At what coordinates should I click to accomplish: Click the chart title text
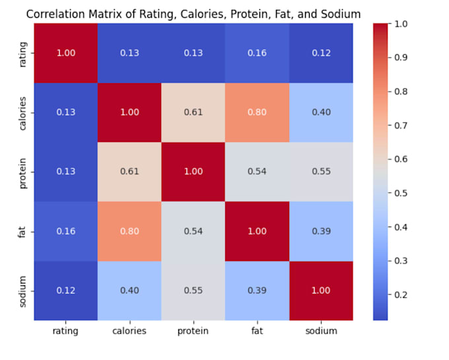(193, 14)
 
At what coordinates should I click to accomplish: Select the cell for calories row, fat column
(258, 112)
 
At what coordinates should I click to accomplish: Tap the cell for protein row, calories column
(129, 172)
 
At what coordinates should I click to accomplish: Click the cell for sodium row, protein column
(193, 291)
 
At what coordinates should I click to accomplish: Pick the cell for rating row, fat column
(258, 53)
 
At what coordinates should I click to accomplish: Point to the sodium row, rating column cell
(65, 291)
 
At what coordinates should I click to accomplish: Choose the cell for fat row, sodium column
(322, 231)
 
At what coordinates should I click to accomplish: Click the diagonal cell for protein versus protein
(193, 172)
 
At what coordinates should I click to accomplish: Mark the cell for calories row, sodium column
(322, 112)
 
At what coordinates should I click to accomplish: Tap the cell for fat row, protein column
(193, 231)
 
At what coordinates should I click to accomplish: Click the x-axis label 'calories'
(129, 331)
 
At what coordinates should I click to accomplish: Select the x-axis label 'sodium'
(322, 331)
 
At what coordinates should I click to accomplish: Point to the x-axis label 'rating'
(65, 331)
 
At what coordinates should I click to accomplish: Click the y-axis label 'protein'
(23, 172)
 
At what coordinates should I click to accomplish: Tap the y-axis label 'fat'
(23, 231)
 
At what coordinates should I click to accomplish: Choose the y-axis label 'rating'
(23, 53)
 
